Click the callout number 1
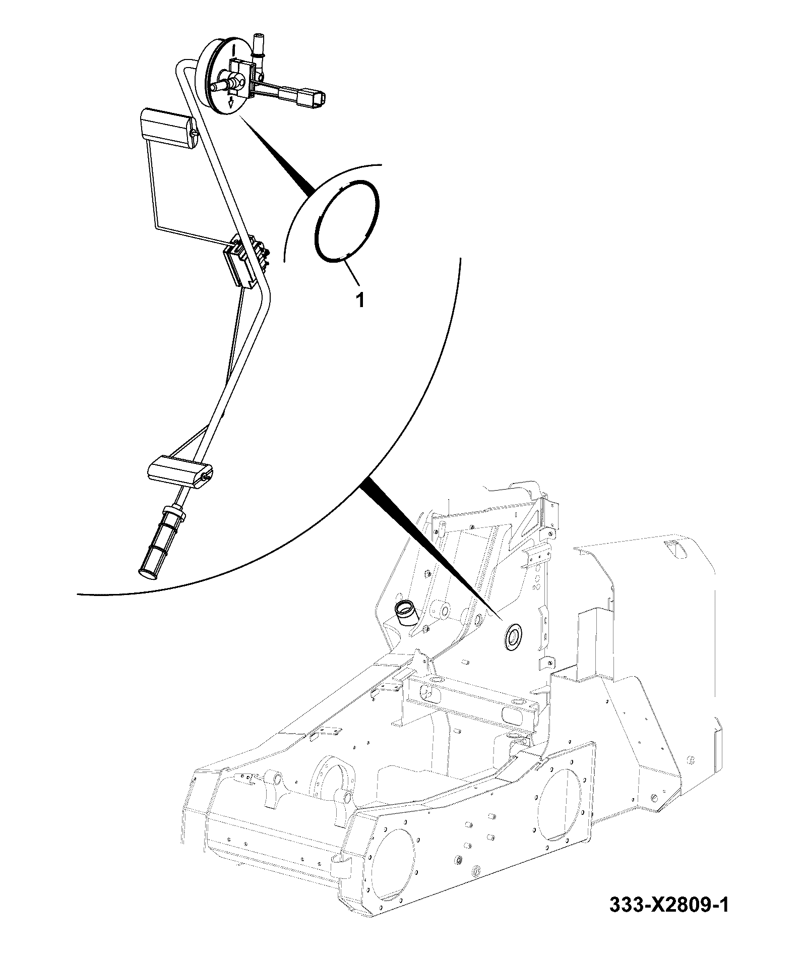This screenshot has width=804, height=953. click(x=360, y=301)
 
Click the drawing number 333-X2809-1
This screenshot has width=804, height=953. click(x=669, y=919)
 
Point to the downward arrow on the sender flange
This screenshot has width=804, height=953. click(x=231, y=103)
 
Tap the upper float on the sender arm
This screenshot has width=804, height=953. click(x=168, y=129)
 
